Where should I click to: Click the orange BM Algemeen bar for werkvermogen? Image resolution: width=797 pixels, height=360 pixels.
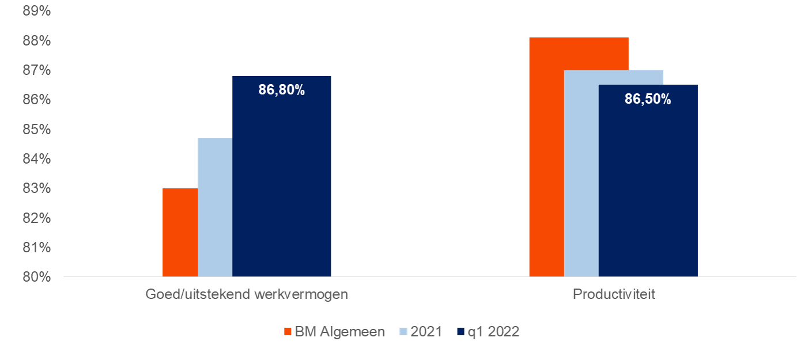point(180,233)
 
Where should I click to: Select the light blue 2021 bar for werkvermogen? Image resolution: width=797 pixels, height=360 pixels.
point(215,207)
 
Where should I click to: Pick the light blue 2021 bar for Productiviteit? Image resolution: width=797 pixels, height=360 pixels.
point(581,173)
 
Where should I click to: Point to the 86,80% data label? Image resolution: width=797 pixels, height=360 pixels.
point(281,90)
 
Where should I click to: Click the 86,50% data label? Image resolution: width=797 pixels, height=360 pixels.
point(648,99)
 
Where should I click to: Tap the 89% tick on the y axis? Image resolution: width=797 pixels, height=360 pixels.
point(37,12)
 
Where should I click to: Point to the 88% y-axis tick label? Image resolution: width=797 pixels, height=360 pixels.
point(37,41)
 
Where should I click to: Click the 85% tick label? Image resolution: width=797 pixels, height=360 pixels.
point(37,130)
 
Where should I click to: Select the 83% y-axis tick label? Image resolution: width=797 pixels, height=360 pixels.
point(37,188)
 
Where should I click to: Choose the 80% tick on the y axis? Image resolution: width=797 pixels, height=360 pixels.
point(37,277)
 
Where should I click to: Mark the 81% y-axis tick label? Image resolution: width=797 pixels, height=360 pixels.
point(37,248)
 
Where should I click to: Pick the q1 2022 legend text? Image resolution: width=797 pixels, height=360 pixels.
point(495,332)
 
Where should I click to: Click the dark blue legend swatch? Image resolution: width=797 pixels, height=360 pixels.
point(460,332)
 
